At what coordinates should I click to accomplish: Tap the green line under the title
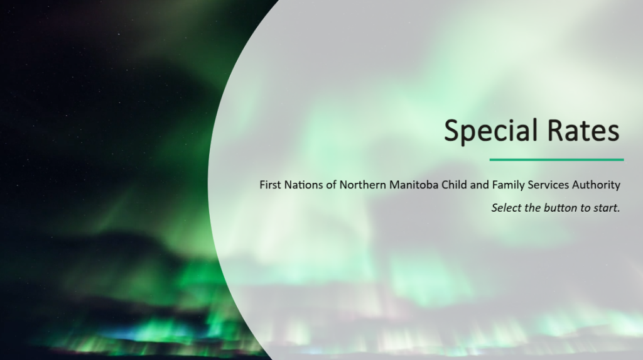tap(556, 160)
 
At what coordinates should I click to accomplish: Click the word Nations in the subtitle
tap(304, 185)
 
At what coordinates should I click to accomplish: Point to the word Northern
tap(363, 185)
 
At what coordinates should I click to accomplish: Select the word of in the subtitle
tap(332, 185)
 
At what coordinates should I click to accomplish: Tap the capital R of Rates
tap(555, 130)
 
